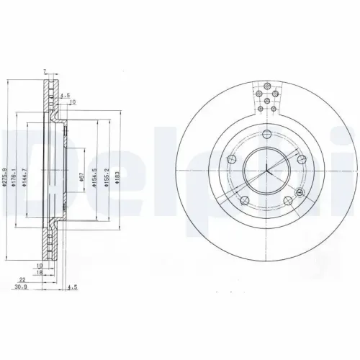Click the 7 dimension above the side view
pyautogui.click(x=44, y=71)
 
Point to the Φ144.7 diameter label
pyautogui.click(x=24, y=177)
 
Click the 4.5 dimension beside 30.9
pyautogui.click(x=71, y=287)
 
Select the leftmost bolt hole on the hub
pyautogui.click(x=231, y=159)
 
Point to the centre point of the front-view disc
pyautogui.click(x=267, y=170)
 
